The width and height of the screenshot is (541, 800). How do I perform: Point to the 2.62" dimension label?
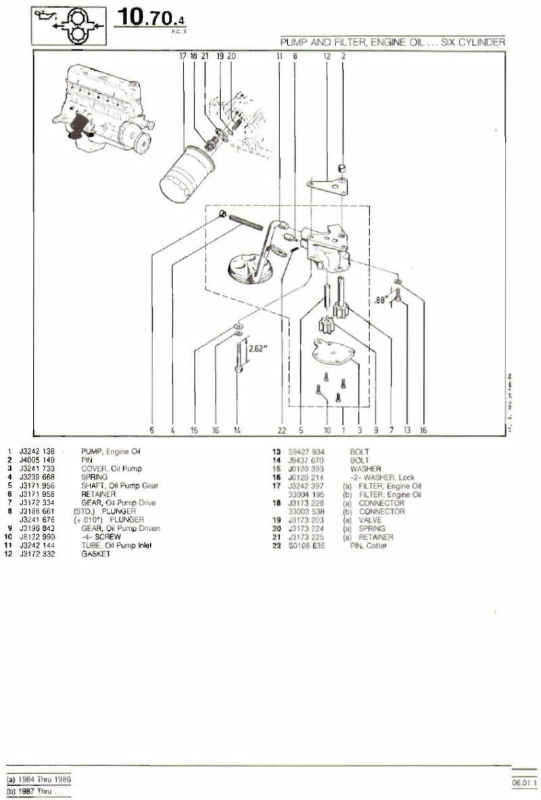(x=258, y=349)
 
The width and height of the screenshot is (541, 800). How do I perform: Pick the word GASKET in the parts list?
(x=95, y=554)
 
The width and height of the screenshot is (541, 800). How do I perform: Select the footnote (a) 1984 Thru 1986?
(x=38, y=779)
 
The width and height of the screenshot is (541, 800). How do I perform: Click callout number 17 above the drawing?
(x=182, y=57)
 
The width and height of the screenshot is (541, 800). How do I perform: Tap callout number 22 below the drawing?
(x=282, y=429)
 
